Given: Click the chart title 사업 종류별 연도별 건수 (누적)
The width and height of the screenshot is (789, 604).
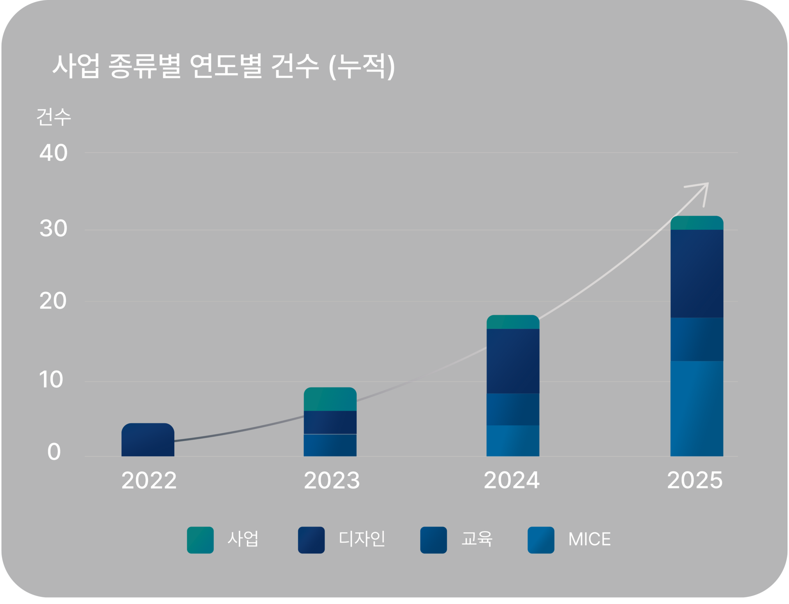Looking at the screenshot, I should click(224, 66).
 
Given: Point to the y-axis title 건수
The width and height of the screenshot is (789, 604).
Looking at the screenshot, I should click(53, 117).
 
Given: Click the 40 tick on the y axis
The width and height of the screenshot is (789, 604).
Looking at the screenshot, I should click(53, 153).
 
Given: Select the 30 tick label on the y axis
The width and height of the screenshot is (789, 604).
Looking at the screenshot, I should click(53, 229).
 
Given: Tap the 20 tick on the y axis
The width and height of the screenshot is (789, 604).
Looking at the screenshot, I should click(53, 301).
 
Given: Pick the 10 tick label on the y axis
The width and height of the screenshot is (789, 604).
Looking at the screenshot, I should click(51, 380).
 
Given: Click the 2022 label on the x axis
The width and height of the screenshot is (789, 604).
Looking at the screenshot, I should click(149, 480).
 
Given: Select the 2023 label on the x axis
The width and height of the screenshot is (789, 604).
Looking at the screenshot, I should click(332, 480).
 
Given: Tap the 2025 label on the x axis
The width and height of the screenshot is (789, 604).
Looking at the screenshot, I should click(694, 480).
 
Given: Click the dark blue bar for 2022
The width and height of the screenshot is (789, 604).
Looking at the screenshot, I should click(148, 440).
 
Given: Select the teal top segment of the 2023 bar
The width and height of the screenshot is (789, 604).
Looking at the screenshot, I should click(330, 399).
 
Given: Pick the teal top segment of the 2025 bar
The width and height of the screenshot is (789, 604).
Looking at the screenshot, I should click(697, 223).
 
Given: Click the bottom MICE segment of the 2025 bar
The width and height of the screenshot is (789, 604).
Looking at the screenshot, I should click(697, 409).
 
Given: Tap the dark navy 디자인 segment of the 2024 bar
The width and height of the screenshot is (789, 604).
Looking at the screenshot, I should click(513, 361).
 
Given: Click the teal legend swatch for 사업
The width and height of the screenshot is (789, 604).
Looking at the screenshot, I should click(200, 540).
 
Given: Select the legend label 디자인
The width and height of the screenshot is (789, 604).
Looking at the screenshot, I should click(362, 539).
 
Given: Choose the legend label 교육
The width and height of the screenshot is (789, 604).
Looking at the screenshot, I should click(477, 539).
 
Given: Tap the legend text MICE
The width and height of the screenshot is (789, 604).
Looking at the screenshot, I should click(589, 539).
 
